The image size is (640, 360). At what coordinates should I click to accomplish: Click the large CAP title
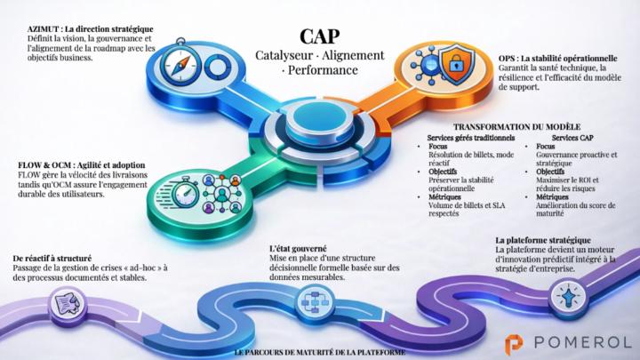click(x=318, y=36)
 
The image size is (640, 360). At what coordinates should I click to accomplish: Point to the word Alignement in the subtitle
click(x=353, y=55)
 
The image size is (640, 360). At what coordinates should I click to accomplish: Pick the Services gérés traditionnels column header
click(x=470, y=138)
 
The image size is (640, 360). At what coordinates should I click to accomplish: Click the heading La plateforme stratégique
click(x=542, y=241)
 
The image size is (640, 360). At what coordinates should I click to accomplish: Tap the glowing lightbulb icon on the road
click(x=565, y=290)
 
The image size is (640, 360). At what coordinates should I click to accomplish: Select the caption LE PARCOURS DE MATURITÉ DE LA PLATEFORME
click(x=319, y=353)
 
